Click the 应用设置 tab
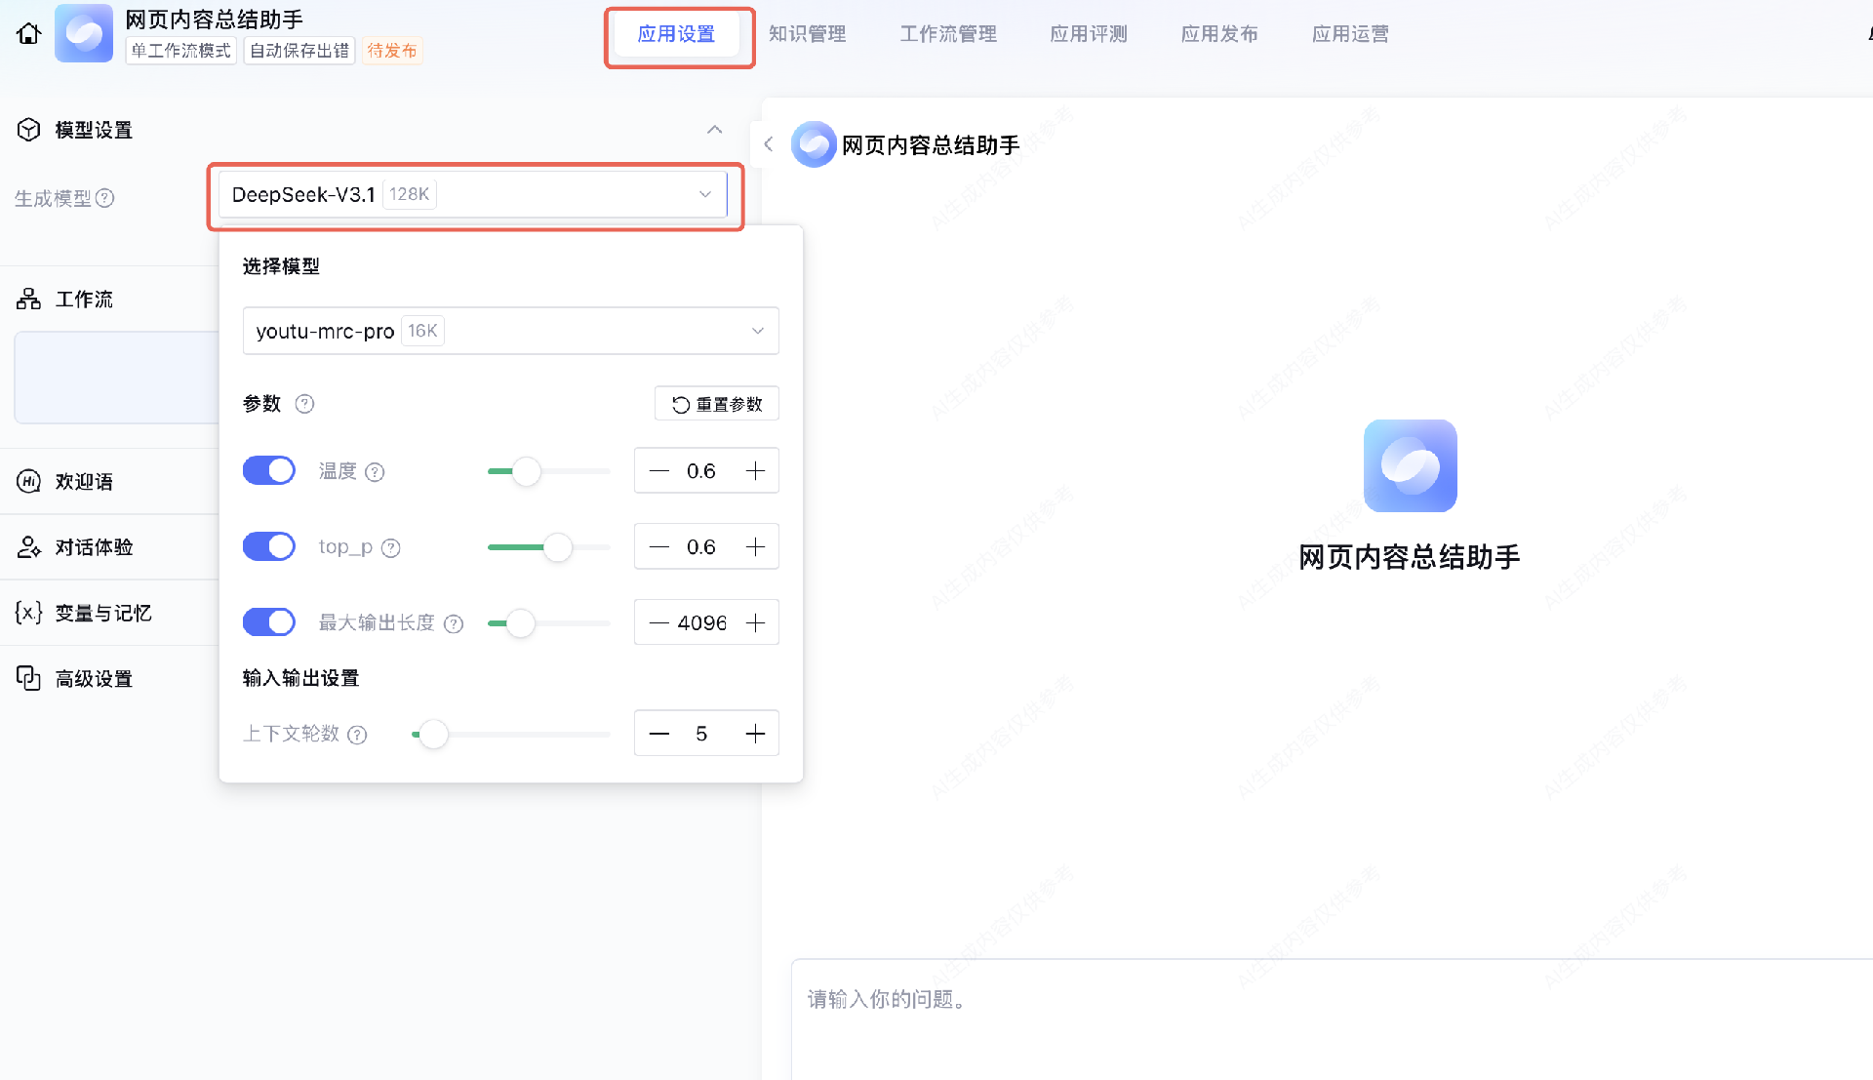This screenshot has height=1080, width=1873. [x=676, y=35]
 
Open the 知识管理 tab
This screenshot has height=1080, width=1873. [x=807, y=35]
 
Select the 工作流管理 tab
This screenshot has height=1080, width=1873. [x=947, y=35]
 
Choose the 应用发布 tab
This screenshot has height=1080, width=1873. [x=1218, y=35]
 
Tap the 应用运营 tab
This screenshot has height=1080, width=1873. [x=1350, y=35]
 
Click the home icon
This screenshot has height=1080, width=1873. [x=29, y=34]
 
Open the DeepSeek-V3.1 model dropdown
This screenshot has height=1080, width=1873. [x=473, y=195]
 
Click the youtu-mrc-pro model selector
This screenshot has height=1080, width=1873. [x=510, y=332]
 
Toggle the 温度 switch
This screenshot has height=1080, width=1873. [x=269, y=471]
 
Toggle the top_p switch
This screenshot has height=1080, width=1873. [x=269, y=547]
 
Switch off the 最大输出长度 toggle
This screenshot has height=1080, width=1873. [x=269, y=622]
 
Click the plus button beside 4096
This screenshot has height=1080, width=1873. [x=756, y=623]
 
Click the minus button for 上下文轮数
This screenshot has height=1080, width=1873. [x=659, y=735]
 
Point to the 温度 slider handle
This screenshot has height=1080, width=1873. [x=527, y=472]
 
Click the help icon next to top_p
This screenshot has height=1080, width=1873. [x=391, y=548]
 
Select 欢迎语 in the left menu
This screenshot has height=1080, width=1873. [x=84, y=482]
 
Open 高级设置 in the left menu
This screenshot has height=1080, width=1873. [x=94, y=679]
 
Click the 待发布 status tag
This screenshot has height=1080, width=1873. [x=392, y=51]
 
